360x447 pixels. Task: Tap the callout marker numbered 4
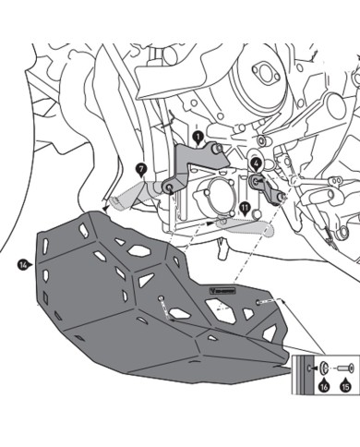(255, 163)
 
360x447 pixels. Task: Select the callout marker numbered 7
(141, 169)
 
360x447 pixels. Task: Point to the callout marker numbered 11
(245, 208)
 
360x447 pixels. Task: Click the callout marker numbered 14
(22, 265)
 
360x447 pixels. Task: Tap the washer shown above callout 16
(324, 368)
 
